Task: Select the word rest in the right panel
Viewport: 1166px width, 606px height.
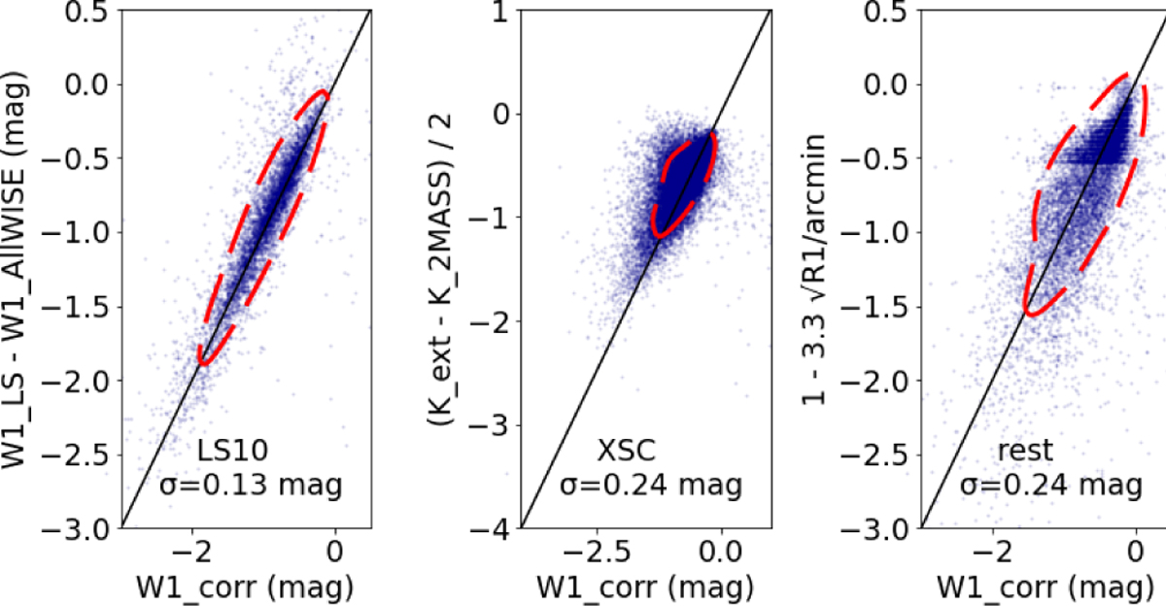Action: click(x=1025, y=452)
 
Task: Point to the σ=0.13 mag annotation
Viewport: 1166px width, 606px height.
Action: click(x=251, y=485)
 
